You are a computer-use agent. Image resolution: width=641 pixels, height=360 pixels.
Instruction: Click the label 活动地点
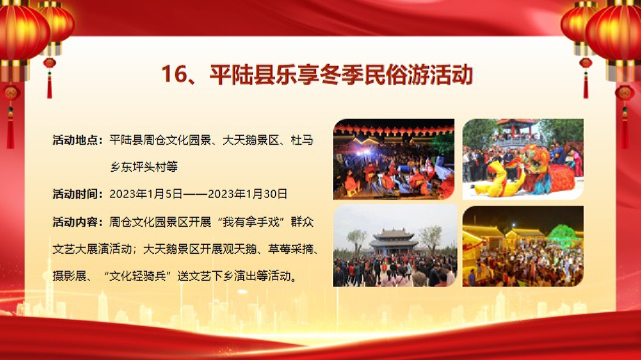pos(76,140)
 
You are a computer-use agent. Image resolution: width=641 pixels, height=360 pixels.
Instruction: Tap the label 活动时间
pos(76,193)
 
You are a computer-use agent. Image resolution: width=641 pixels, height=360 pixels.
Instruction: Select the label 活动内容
pos(76,222)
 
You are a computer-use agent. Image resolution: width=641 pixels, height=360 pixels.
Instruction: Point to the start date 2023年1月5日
pos(146,193)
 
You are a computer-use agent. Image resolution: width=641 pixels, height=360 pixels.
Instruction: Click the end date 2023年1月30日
pos(247,193)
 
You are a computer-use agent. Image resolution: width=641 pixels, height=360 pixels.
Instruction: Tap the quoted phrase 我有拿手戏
pos(251,222)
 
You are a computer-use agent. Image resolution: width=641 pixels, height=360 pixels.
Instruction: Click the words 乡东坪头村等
pos(144,167)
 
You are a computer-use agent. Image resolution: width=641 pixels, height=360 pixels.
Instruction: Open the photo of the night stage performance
pos(394,159)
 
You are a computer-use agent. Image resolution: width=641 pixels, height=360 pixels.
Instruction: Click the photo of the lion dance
pos(523,159)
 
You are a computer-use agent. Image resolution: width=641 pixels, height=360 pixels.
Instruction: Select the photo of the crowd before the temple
pos(395,245)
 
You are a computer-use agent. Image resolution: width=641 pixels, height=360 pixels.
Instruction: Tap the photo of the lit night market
pos(523,246)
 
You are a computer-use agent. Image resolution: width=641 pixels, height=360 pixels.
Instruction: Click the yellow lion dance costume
pos(495,179)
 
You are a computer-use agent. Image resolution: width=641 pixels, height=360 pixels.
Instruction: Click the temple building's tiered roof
pos(394,237)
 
